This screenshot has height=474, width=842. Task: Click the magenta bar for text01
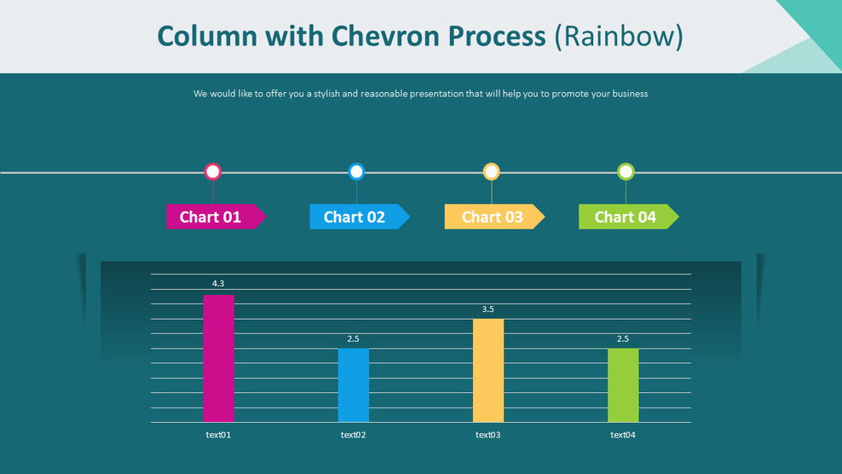click(x=218, y=358)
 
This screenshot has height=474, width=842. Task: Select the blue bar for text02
click(x=354, y=385)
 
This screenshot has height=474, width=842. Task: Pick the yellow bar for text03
click(x=488, y=370)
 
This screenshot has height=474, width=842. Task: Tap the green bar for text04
click(x=623, y=385)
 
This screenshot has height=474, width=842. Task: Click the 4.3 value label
click(x=218, y=283)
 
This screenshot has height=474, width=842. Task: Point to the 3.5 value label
click(x=488, y=309)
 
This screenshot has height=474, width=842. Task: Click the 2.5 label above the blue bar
click(x=354, y=338)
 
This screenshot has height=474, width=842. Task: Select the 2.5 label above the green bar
click(x=623, y=338)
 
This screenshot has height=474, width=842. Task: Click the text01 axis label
click(x=218, y=435)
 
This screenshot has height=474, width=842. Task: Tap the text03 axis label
click(x=488, y=435)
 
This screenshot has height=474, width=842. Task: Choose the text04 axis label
click(x=623, y=435)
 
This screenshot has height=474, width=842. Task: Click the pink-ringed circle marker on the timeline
click(x=213, y=171)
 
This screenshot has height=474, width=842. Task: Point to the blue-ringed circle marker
click(x=356, y=171)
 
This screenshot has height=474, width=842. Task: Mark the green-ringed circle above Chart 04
click(x=626, y=171)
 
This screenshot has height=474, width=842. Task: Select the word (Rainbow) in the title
click(x=618, y=36)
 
